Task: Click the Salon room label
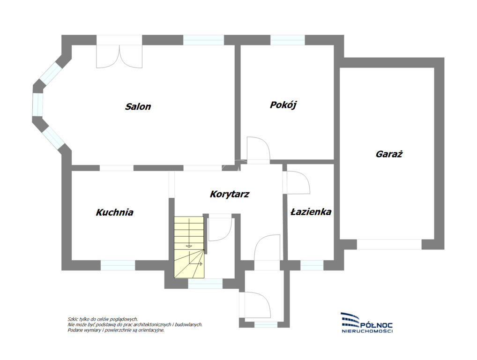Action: tap(138, 106)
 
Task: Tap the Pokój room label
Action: tap(283, 105)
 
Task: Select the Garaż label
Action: tap(389, 154)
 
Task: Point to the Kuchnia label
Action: tap(115, 212)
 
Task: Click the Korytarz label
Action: tap(230, 194)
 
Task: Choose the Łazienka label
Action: tap(311, 212)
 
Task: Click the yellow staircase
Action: tap(189, 247)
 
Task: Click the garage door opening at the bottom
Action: tap(389, 244)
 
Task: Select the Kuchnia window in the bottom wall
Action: tap(118, 265)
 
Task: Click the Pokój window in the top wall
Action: tap(288, 40)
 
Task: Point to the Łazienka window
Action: tap(312, 265)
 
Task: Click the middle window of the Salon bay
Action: tap(38, 105)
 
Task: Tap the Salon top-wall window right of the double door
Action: tap(203, 40)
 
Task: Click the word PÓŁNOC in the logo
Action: tap(376, 325)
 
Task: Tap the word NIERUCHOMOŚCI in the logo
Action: tap(367, 331)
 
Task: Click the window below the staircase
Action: tap(205, 284)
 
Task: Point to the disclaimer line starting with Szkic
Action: tap(103, 319)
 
